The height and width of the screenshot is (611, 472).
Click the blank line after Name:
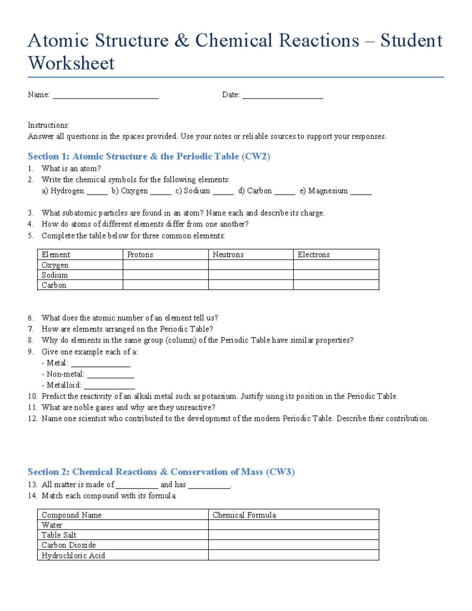coord(105,96)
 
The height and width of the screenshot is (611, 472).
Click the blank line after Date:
coord(282,96)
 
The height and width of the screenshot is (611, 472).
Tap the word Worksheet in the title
coord(71,63)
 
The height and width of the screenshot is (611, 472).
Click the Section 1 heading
coord(149,157)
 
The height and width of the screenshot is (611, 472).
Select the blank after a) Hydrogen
coord(97,192)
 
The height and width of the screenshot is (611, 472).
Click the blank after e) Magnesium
coord(361,192)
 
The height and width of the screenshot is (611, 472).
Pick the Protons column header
coord(140,255)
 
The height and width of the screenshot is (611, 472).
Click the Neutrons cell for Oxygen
coord(251,265)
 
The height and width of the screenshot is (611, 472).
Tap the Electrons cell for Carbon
coord(336,285)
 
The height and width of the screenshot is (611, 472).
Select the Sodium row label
coord(55,275)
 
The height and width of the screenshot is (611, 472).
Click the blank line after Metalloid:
coord(109,387)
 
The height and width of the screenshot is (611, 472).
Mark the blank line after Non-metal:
coord(111,376)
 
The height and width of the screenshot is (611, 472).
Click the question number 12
coord(32,419)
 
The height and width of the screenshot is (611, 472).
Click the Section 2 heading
coord(161,472)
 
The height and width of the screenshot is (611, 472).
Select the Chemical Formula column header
coord(244,515)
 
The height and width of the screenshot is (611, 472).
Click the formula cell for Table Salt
coord(293,535)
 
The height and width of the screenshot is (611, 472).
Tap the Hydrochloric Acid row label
coord(73,556)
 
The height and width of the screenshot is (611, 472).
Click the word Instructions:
coord(48,126)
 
